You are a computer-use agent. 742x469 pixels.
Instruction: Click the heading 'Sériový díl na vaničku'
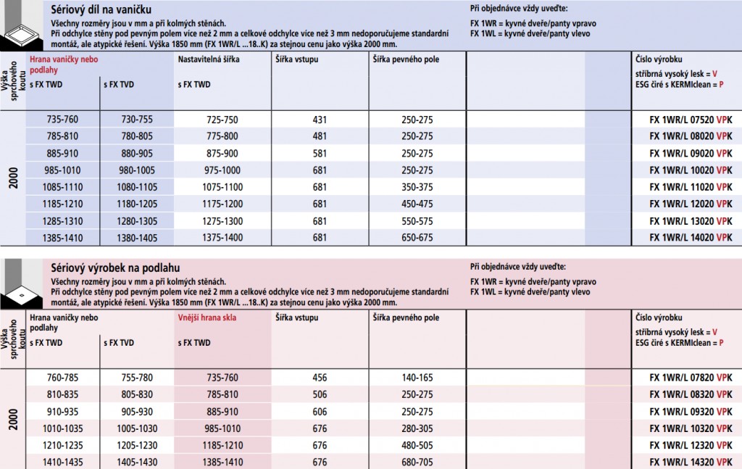point(106,9)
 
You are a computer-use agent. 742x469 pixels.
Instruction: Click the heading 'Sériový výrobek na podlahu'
point(116,267)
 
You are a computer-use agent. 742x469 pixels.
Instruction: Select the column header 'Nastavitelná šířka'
point(209,59)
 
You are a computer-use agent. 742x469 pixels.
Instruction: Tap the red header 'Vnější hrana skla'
point(207,317)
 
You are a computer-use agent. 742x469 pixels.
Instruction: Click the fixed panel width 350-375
point(417,187)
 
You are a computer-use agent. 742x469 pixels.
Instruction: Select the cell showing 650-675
point(417,237)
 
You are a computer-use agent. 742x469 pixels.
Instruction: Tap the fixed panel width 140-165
point(417,378)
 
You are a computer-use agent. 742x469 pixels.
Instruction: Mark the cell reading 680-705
point(417,462)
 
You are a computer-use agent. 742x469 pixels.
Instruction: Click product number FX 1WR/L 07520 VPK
point(691,120)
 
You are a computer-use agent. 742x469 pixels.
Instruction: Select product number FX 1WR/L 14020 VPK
point(691,237)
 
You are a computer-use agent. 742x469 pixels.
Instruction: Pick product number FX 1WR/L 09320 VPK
point(691,411)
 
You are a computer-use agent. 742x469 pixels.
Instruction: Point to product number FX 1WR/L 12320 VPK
point(691,445)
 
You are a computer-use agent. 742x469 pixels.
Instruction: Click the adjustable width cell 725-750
point(222,120)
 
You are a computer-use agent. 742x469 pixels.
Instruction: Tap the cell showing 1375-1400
point(222,237)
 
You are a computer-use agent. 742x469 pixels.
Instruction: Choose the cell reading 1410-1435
point(63,462)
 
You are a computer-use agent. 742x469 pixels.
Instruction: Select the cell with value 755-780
point(137,378)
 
